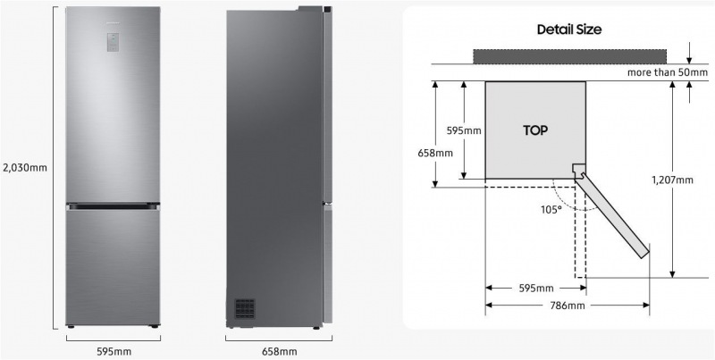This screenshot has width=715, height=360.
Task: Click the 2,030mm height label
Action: click(25, 168)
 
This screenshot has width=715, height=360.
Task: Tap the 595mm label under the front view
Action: click(114, 351)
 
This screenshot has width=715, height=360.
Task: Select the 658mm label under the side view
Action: click(279, 351)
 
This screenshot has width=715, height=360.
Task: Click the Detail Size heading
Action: click(569, 29)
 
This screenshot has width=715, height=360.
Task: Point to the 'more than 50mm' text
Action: click(668, 72)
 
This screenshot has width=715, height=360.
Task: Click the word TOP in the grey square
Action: click(535, 130)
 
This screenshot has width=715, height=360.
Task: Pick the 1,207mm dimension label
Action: click(672, 180)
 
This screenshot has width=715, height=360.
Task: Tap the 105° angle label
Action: click(551, 210)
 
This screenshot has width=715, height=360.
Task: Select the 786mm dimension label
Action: click(568, 306)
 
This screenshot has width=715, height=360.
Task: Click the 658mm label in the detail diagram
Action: click(435, 153)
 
